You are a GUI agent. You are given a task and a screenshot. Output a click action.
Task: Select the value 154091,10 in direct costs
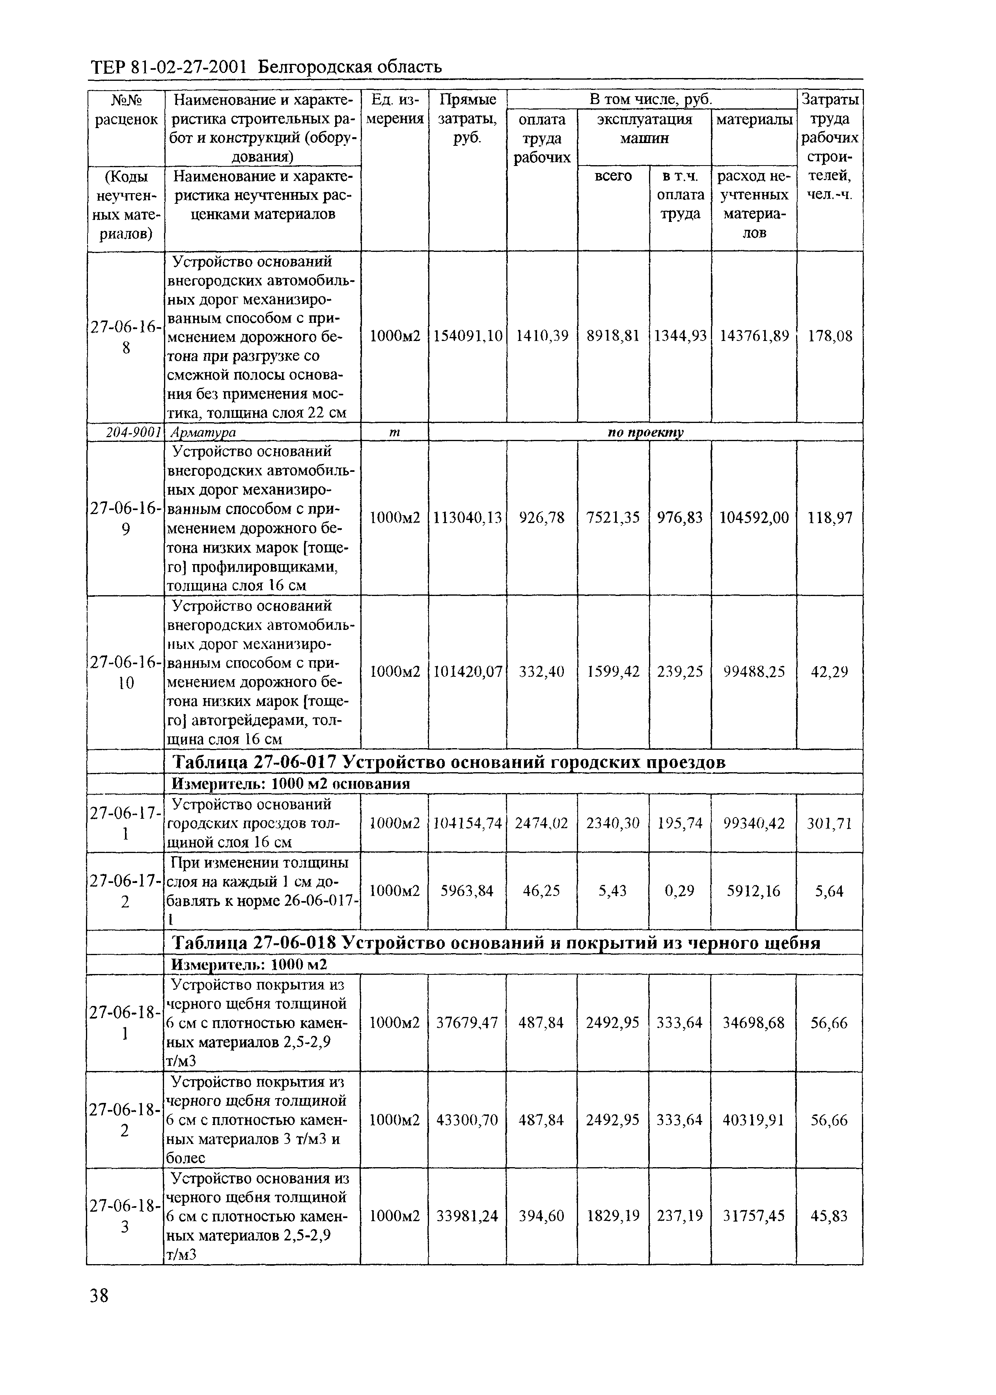467,336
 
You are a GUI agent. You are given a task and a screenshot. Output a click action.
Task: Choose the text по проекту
645,432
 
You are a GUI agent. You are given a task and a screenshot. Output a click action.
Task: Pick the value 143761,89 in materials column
754,336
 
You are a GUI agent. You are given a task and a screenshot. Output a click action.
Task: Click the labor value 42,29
829,672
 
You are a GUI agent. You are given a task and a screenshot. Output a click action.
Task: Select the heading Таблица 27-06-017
254,762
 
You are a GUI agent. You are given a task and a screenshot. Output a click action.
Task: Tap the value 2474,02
541,823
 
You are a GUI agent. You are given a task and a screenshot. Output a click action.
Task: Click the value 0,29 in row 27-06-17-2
679,891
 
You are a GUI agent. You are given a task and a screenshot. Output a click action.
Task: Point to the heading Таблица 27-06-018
254,942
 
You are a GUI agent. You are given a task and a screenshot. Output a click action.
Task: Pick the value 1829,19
613,1215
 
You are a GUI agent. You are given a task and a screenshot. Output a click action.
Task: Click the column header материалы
754,119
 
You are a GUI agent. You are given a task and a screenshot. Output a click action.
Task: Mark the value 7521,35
613,518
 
